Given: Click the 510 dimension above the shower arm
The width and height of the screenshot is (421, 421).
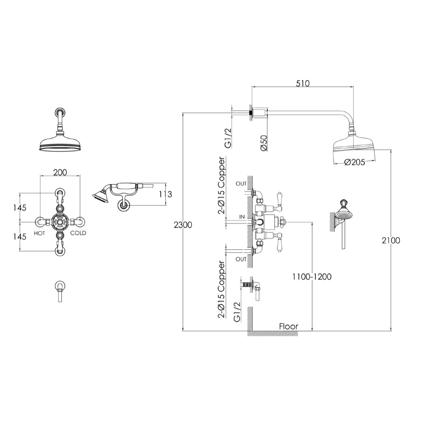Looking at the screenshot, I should (302, 83).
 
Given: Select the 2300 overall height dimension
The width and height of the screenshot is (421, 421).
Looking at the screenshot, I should (182, 225).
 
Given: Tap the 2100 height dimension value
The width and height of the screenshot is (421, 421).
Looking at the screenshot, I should (391, 240).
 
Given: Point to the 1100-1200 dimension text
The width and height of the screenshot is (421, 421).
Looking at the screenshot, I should (312, 277).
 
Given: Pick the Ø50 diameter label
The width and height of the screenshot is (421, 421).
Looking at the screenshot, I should (264, 143).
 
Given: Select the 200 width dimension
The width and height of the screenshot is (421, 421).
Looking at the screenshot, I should (60, 172).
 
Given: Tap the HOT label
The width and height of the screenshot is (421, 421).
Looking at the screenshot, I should (40, 233).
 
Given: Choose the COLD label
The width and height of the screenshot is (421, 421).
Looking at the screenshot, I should (78, 233).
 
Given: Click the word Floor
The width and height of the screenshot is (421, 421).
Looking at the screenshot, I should (288, 326).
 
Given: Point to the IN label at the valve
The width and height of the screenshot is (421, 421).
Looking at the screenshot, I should (242, 216).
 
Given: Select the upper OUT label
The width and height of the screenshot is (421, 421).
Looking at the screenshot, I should (241, 184).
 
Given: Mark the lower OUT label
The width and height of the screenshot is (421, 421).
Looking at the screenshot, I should (241, 259).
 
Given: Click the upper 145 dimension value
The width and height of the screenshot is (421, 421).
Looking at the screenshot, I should (19, 208).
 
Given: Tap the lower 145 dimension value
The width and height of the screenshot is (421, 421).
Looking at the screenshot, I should (19, 237).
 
